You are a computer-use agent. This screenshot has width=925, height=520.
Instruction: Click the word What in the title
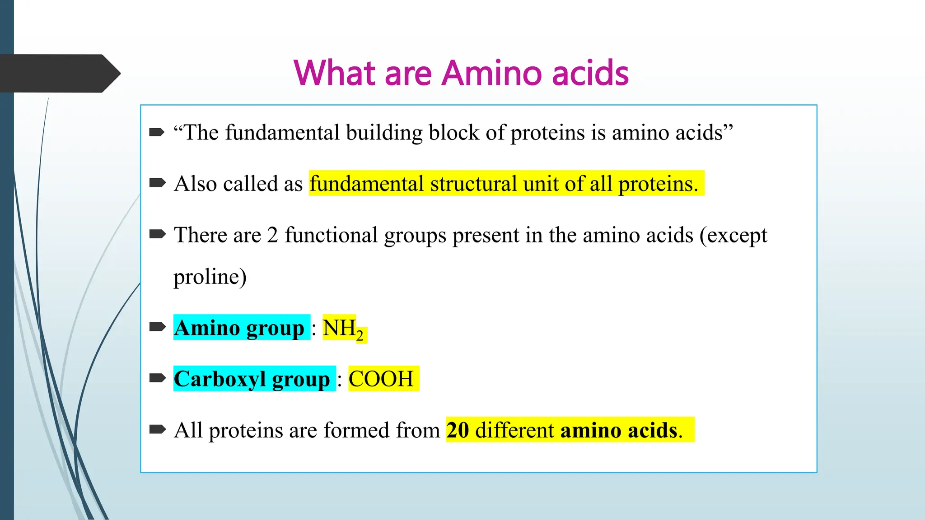335,73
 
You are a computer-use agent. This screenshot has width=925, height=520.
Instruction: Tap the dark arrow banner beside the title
59,74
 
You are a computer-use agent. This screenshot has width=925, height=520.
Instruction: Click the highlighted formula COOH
382,379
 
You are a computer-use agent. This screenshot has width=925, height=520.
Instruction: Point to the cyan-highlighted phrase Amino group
240,328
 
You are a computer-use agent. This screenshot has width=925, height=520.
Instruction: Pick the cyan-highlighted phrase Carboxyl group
252,379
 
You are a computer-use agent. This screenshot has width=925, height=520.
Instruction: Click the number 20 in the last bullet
458,430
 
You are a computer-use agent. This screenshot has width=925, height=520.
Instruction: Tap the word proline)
210,277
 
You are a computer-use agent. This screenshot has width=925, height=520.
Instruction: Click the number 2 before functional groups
272,235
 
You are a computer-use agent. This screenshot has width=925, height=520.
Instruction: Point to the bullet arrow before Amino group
157,327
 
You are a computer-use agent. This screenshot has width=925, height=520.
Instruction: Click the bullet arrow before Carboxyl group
157,378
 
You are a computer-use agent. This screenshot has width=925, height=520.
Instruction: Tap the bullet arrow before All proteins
157,429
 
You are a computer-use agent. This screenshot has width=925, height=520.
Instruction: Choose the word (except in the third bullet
733,236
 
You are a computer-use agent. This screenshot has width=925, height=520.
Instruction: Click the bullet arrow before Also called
157,183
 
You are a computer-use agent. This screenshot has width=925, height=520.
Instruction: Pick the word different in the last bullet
514,430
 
